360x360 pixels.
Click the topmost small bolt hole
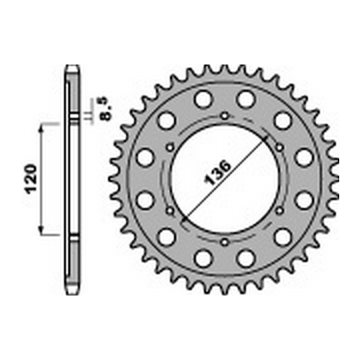click(x=225, y=116)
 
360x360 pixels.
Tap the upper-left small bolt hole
click(x=171, y=147)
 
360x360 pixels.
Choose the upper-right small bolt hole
click(x=278, y=147)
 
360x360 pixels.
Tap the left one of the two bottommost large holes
click(x=202, y=258)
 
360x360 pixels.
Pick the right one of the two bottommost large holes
click(x=247, y=258)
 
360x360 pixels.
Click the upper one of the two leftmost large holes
click(x=145, y=157)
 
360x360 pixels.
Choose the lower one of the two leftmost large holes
click(x=145, y=201)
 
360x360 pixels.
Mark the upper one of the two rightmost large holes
click(x=304, y=157)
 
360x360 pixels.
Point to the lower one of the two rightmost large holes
click(x=304, y=201)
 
